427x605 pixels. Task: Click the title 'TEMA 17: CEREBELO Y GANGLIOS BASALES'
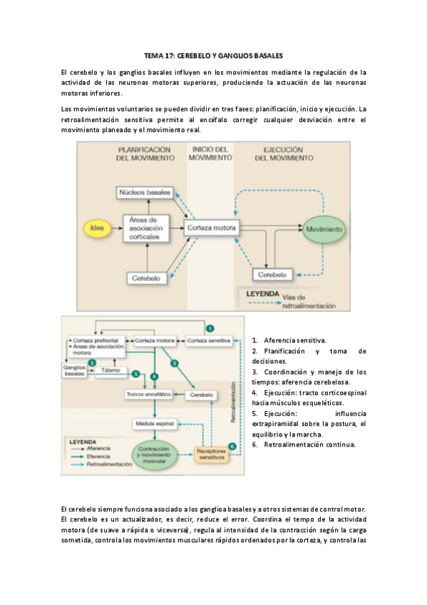pos(213,55)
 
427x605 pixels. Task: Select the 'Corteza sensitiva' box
pos(210,341)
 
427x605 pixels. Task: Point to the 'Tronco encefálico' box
pos(149,395)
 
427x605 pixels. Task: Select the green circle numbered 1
pos(210,327)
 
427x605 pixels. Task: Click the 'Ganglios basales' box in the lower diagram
pos(75,370)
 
